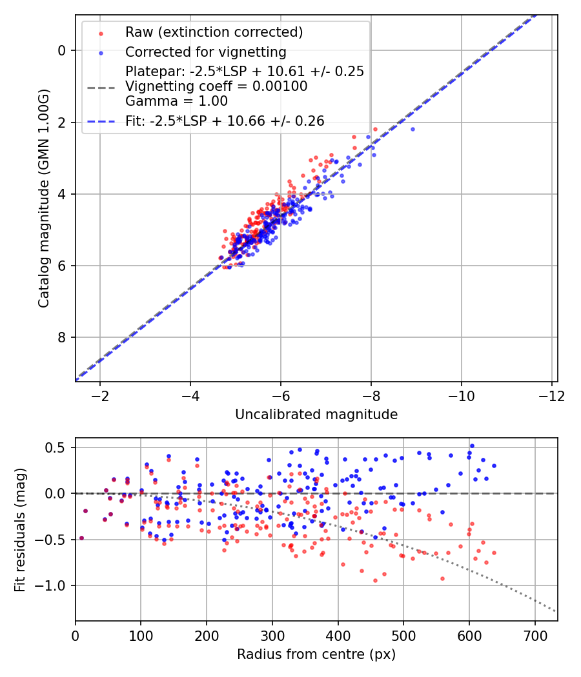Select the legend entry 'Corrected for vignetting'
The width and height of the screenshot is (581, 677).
[205, 52]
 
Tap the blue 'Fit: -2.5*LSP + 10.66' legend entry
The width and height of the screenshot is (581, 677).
[225, 121]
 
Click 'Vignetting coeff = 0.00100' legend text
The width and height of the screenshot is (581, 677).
[216, 86]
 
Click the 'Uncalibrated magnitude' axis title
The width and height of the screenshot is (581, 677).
[316, 414]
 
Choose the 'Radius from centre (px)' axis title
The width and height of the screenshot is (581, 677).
[316, 654]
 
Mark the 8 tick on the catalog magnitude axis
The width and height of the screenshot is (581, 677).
[63, 338]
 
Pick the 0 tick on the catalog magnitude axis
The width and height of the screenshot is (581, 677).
[63, 50]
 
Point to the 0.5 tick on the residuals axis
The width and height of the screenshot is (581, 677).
[58, 447]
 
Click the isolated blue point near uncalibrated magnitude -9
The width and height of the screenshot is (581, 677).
[413, 129]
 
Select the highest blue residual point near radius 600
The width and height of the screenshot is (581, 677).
[472, 446]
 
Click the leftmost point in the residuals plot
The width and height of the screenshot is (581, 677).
[81, 538]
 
